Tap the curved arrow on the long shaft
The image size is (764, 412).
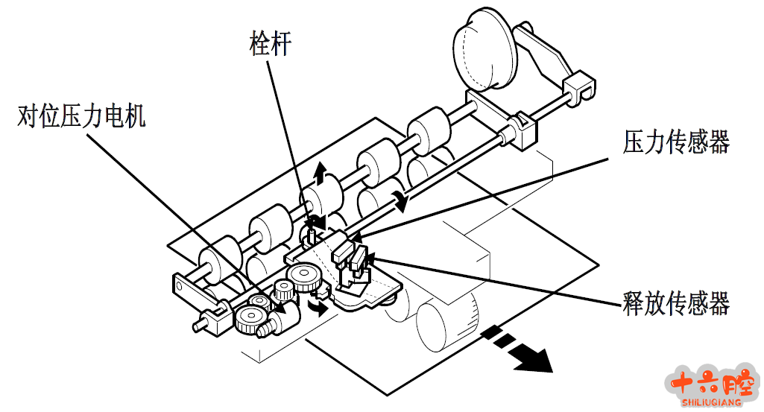(x=401, y=199)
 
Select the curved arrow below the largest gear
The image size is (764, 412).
(x=319, y=306)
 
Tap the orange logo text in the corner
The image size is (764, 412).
(x=712, y=383)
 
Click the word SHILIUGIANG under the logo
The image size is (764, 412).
(x=712, y=403)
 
